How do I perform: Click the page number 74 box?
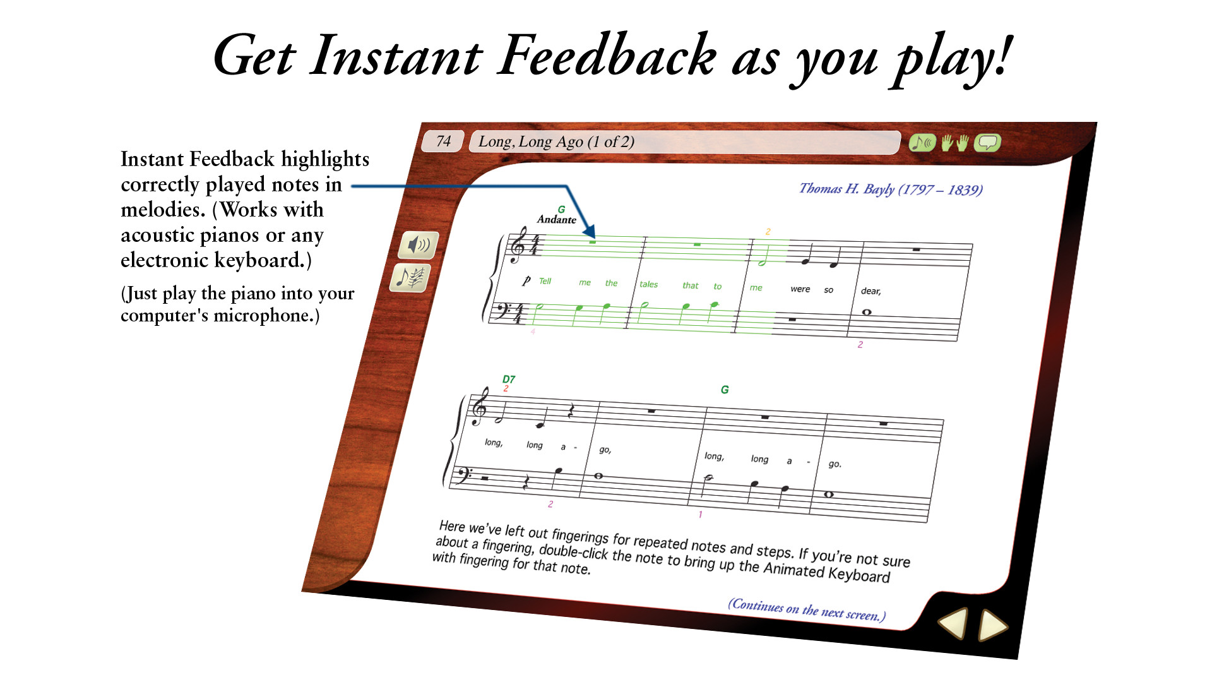click(443, 141)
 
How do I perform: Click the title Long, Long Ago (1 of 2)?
click(556, 141)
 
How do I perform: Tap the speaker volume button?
click(418, 244)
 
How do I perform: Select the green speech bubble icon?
click(987, 143)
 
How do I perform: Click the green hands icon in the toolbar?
click(954, 143)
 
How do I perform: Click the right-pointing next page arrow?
click(993, 626)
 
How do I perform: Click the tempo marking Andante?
click(556, 219)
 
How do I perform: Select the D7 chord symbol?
click(509, 379)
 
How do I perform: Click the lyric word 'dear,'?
click(870, 291)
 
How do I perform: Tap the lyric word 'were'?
click(800, 289)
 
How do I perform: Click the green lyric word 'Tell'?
click(545, 281)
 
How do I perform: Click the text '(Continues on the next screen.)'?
click(807, 609)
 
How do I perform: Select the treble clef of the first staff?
click(518, 246)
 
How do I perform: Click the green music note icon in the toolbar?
click(922, 143)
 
